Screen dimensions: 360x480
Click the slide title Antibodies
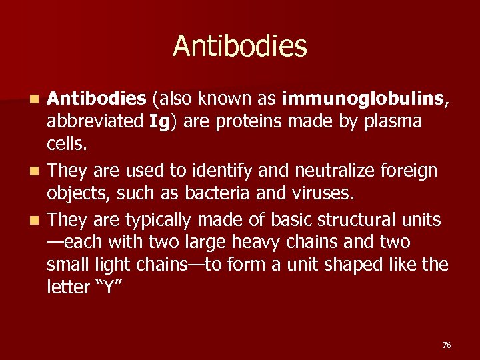point(240,47)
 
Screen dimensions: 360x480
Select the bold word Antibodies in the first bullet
point(97,99)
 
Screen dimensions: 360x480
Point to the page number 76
point(447,345)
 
